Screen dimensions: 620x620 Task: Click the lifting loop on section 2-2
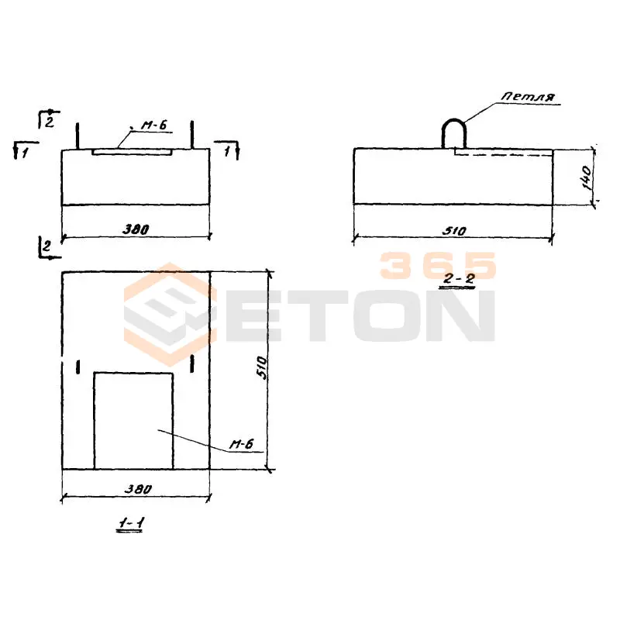click(x=454, y=120)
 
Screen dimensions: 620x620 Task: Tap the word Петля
click(x=528, y=96)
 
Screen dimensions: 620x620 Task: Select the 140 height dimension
click(x=587, y=177)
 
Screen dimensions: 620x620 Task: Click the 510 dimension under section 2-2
click(x=454, y=230)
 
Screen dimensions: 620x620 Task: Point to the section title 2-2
click(x=458, y=279)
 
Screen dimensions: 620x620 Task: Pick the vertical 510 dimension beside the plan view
click(x=262, y=367)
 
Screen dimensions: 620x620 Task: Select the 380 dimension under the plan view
click(x=138, y=489)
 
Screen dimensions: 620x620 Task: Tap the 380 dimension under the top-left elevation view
click(x=135, y=229)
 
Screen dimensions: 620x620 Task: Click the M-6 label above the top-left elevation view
click(x=153, y=126)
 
